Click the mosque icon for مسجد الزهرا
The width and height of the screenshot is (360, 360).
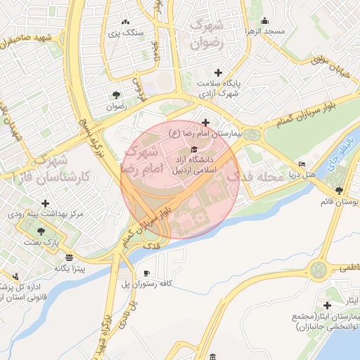pos(264,21)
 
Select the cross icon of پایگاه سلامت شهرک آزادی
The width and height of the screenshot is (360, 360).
pos(218,73)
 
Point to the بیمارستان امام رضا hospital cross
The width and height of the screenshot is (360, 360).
pos(205,122)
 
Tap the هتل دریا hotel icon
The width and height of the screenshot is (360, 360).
pos(302,165)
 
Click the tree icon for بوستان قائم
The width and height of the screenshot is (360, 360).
pos(340,190)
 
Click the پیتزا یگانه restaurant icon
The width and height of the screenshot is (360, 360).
pos(68,257)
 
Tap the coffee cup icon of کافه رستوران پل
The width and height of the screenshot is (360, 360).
pos(146,273)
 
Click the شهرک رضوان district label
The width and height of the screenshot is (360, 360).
pos(210,33)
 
